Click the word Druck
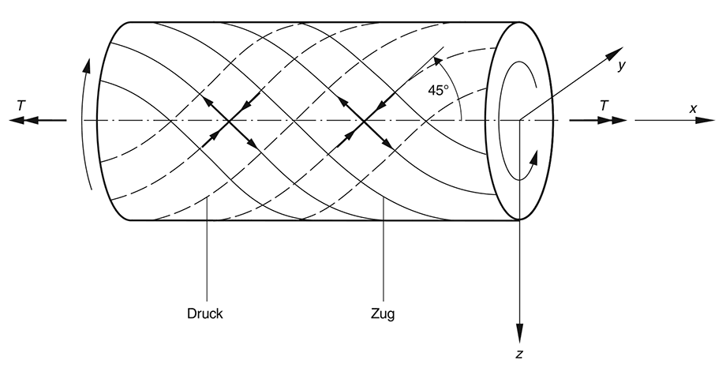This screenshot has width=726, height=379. (204, 313)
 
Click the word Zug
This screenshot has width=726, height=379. (382, 313)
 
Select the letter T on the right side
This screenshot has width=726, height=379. (604, 103)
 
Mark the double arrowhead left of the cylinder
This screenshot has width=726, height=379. (22, 121)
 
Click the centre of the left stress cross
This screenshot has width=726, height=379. (229, 121)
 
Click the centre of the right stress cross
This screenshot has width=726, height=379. (365, 121)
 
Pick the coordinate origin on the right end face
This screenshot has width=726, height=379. (519, 121)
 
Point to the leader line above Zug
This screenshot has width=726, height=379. (384, 253)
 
